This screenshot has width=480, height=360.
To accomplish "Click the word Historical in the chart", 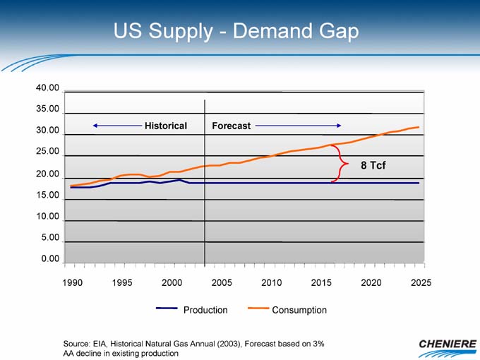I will click(x=166, y=126).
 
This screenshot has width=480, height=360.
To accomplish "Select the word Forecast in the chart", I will click(x=232, y=126).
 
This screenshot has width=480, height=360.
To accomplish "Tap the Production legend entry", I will click(x=205, y=310).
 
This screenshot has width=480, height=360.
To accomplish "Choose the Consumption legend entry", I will click(x=299, y=310).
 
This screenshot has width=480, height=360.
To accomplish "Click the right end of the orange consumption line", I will click(x=419, y=127).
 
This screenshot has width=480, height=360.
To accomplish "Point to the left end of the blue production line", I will click(x=71, y=187).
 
